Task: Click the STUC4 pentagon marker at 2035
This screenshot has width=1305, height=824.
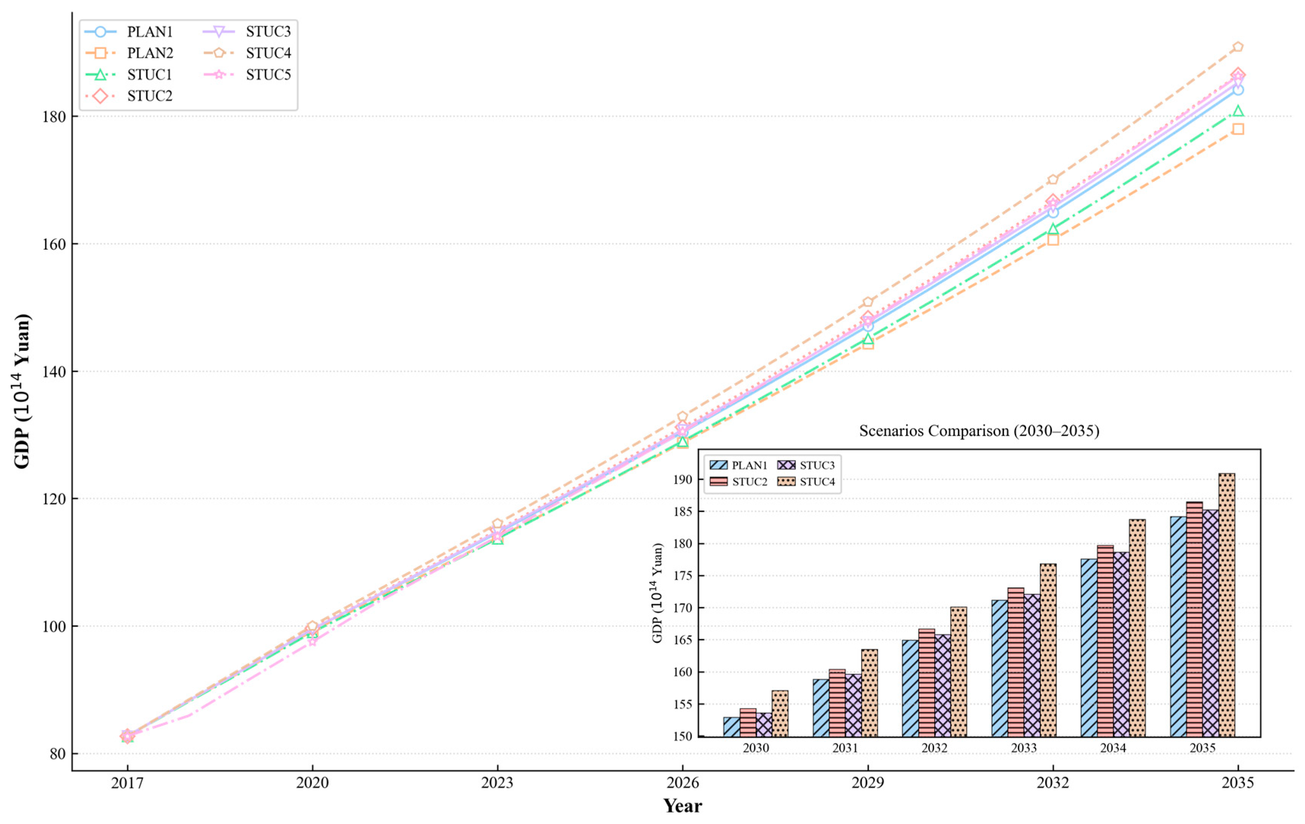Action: click(1238, 47)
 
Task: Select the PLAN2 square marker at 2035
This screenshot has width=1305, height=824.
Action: click(1238, 129)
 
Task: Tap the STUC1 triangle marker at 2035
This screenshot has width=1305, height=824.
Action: click(1238, 111)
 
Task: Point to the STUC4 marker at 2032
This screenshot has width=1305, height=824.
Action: click(1052, 180)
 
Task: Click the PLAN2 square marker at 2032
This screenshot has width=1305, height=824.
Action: click(1052, 239)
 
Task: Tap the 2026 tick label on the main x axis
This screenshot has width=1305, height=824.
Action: click(682, 783)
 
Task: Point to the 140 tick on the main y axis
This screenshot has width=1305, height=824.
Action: click(54, 372)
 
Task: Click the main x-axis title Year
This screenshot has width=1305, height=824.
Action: click(682, 806)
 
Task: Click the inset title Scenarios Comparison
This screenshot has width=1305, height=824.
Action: click(979, 431)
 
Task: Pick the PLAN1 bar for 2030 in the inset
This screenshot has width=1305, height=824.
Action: click(732, 727)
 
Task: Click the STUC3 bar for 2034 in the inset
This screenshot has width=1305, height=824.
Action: click(1121, 645)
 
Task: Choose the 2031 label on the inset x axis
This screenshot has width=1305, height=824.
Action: click(845, 748)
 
